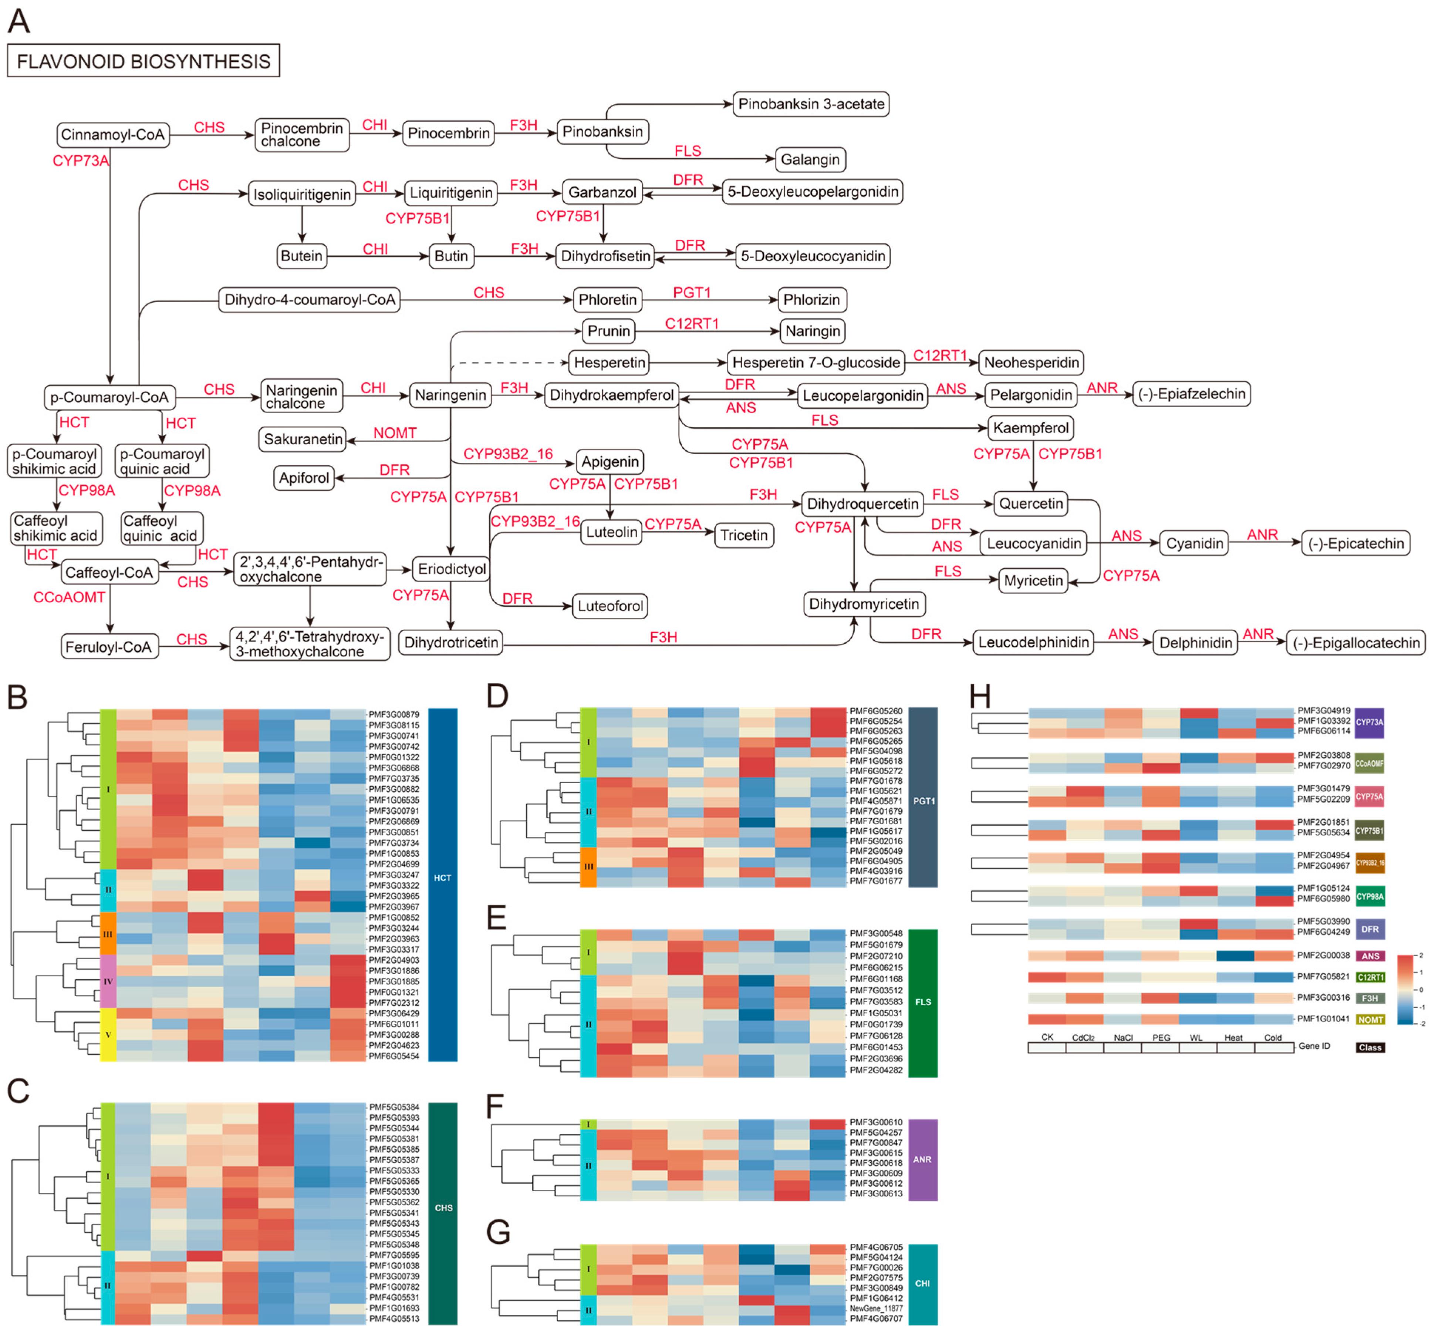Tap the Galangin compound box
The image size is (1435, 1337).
[x=810, y=159]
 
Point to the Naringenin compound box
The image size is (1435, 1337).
[x=450, y=395]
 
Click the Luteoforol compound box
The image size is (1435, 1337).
[x=610, y=606]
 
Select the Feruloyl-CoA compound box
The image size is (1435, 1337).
[x=109, y=647]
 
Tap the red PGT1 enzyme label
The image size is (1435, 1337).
[x=692, y=292]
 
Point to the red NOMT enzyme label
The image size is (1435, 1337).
[x=395, y=433]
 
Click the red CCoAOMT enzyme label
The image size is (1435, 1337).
[x=69, y=597]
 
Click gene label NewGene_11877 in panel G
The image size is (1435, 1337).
[x=875, y=1308]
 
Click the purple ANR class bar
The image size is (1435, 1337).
[x=922, y=1159]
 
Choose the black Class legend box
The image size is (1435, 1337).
[x=1369, y=1047]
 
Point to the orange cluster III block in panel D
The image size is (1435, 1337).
[x=588, y=866]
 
